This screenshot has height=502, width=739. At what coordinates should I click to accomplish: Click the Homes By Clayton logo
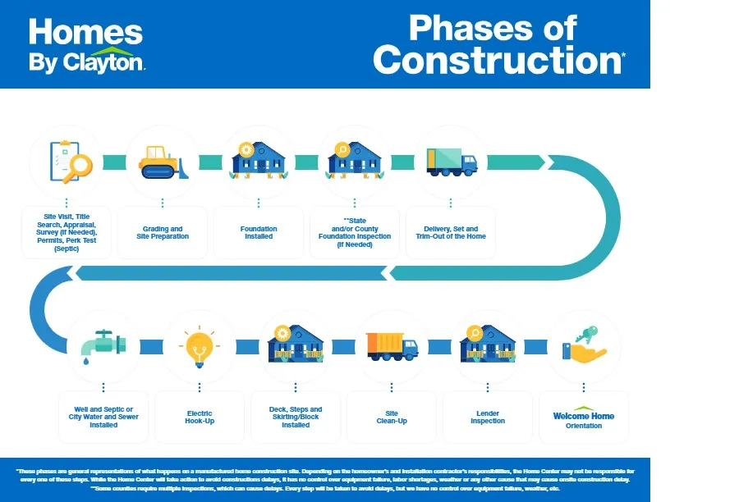coord(86,45)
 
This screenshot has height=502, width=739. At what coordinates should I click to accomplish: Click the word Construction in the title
coord(497,59)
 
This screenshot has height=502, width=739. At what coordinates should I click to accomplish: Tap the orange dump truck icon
coord(391,345)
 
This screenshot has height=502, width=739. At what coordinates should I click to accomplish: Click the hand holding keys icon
coord(584,346)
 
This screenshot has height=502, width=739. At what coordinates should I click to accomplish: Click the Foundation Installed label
coord(259,233)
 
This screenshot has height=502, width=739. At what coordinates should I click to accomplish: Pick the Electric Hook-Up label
coord(199,417)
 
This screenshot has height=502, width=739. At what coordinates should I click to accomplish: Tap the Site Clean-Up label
coord(392,417)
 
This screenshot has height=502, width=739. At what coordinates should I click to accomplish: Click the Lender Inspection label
coord(488,417)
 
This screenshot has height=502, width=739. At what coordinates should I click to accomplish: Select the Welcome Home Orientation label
coord(584,420)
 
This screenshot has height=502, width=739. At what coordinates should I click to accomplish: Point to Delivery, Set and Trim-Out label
coord(451,233)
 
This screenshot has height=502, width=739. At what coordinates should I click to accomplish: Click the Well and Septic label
coord(103,417)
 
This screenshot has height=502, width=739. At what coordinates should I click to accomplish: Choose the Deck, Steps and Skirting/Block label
coord(296,417)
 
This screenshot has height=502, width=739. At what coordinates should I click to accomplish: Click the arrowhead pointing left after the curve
coord(394,272)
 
